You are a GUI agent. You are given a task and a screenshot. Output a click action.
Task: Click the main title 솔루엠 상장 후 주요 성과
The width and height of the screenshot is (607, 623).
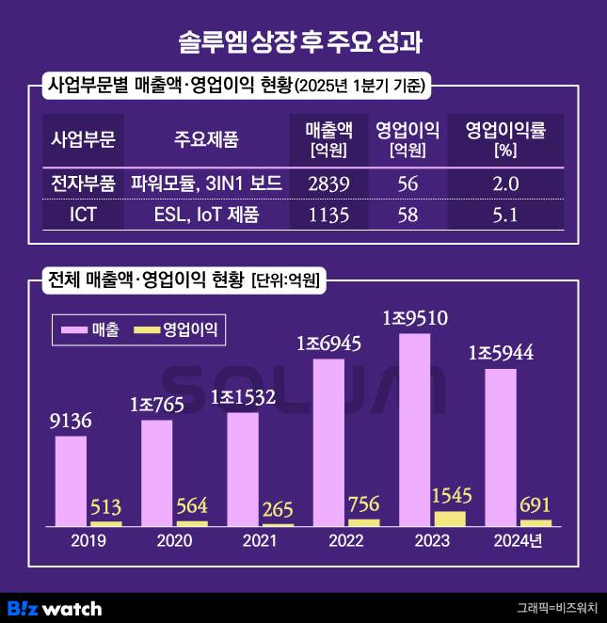point(302,42)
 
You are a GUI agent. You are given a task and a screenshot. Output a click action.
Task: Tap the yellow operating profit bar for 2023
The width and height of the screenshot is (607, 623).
point(451,518)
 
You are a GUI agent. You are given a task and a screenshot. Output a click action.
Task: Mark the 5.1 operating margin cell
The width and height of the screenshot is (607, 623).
point(505,215)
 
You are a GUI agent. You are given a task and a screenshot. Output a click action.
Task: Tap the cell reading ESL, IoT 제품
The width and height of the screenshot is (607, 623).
point(206,215)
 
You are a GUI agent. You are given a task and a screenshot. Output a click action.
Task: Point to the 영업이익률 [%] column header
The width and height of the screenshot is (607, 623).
point(505,140)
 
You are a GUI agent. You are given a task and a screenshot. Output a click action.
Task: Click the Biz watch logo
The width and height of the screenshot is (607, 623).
point(54,608)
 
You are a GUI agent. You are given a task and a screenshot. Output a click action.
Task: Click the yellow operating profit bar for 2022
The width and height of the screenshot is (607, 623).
point(363,521)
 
